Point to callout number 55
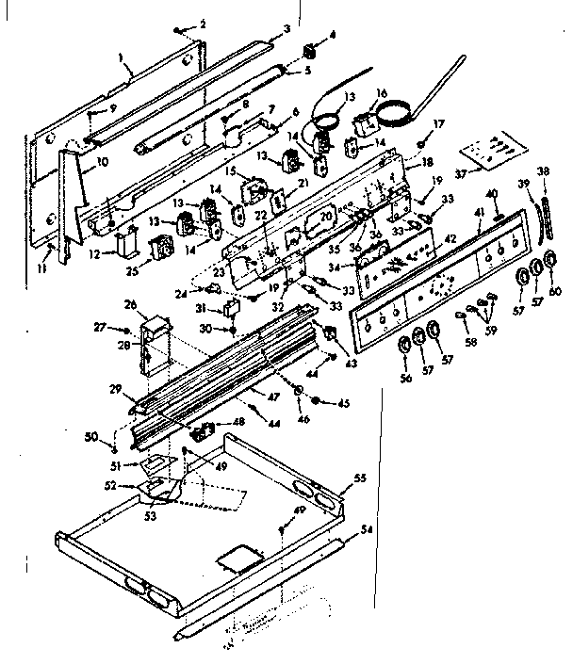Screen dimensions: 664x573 pos(359,479)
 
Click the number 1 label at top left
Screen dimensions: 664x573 pos(122,57)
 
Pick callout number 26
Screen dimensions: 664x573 pos(131,304)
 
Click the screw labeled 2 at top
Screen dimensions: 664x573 pos(179,30)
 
